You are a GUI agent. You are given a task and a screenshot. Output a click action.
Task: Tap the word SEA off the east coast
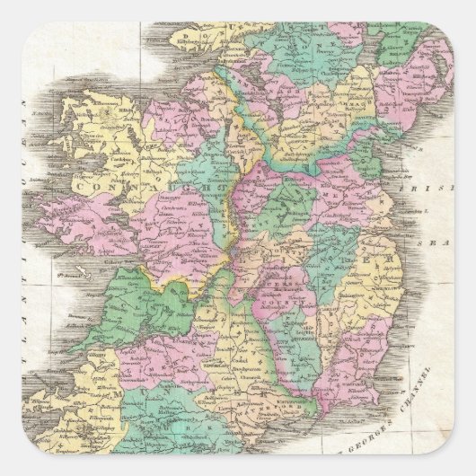[x=437, y=242]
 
